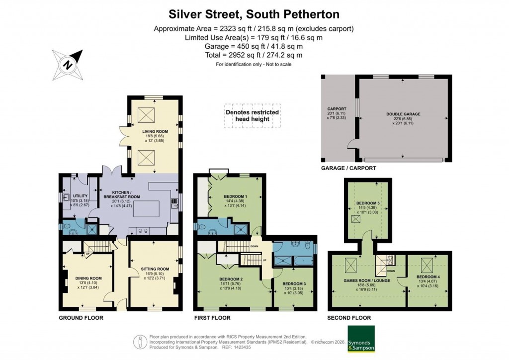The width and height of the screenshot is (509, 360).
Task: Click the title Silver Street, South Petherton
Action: pyautogui.click(x=254, y=13)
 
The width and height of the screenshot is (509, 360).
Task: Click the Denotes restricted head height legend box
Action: pyautogui.click(x=252, y=116)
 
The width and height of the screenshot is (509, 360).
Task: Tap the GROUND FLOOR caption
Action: pyautogui.click(x=81, y=317)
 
